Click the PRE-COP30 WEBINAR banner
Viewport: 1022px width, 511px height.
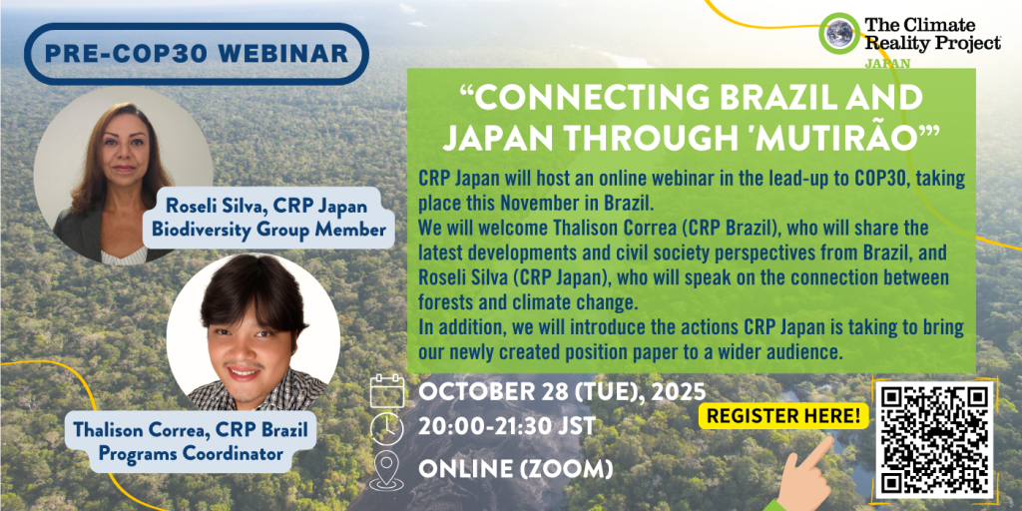tap(197, 54)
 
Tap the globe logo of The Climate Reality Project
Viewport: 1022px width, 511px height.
tap(839, 33)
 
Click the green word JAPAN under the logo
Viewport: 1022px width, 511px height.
tap(887, 64)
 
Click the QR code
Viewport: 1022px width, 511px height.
tap(934, 440)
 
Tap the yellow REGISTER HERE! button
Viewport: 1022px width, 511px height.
tap(783, 415)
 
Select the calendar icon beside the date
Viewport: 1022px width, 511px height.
tap(387, 391)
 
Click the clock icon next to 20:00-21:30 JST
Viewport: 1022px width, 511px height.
tap(387, 429)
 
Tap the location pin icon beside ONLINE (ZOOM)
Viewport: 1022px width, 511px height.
tap(387, 469)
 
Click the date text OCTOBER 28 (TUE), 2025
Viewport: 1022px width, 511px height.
tap(562, 392)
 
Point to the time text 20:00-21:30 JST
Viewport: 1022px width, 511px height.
tap(507, 426)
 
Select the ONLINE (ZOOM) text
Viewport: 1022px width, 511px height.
tap(516, 468)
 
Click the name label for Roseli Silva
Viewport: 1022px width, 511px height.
tap(267, 218)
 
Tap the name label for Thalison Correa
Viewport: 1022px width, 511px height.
tap(191, 440)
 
